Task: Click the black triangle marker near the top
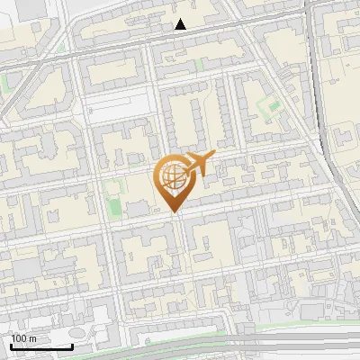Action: (181, 24)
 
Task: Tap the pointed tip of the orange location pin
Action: (173, 211)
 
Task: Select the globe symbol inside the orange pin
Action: (172, 177)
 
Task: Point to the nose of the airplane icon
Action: (212, 157)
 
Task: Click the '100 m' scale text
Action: (24, 338)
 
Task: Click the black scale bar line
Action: (41, 346)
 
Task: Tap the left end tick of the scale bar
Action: (11, 346)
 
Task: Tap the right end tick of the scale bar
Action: (73, 346)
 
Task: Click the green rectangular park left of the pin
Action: (113, 203)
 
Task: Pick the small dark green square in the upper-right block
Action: (274, 109)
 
